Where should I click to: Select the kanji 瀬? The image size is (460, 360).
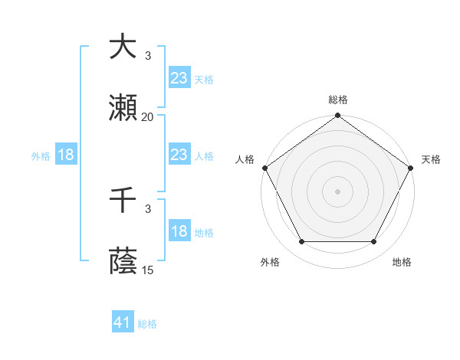pyautogui.click(x=123, y=108)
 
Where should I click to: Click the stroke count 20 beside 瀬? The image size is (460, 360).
pyautogui.click(x=148, y=116)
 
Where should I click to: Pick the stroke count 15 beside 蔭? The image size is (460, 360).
pyautogui.click(x=148, y=270)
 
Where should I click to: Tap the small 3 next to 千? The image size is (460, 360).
pyautogui.click(x=148, y=208)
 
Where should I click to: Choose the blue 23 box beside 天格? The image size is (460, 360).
pyautogui.click(x=179, y=78)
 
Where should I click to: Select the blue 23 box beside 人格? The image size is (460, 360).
pyautogui.click(x=179, y=155)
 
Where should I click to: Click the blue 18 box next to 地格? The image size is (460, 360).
pyautogui.click(x=179, y=231)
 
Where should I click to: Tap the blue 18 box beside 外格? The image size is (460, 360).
pyautogui.click(x=66, y=155)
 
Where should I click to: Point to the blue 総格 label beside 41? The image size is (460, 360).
pyautogui.click(x=147, y=324)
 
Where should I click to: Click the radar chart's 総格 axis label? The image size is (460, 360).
pyautogui.click(x=337, y=100)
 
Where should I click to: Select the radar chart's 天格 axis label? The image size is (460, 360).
pyautogui.click(x=431, y=159)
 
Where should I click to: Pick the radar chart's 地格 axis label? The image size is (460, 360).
pyautogui.click(x=402, y=263)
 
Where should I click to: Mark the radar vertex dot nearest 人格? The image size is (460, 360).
pyautogui.click(x=264, y=168)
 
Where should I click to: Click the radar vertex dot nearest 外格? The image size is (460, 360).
pyautogui.click(x=301, y=242)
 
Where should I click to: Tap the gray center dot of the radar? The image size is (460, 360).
pyautogui.click(x=337, y=191)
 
